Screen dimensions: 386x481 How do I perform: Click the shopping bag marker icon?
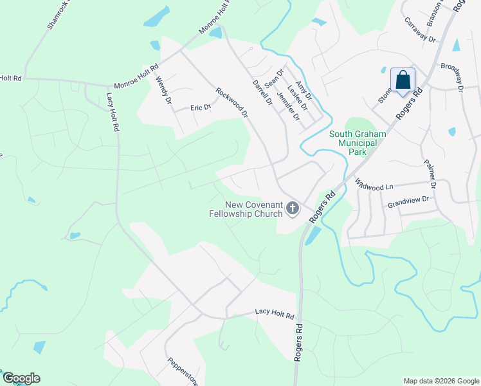click(x=403, y=81)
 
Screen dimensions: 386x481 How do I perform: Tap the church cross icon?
click(x=293, y=208)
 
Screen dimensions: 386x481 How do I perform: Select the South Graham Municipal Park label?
click(x=356, y=143)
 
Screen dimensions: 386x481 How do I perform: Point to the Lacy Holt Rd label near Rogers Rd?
click(x=274, y=315)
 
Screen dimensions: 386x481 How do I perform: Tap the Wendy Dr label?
click(x=164, y=91)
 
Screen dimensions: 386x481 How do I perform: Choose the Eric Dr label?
click(x=201, y=107)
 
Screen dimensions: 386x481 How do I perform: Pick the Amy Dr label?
click(x=304, y=87)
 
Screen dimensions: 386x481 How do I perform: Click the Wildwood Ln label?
click(x=374, y=185)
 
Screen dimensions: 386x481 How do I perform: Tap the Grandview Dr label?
click(x=408, y=203)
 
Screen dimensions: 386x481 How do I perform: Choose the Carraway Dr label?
click(x=421, y=30)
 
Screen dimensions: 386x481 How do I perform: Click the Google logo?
click(x=21, y=378)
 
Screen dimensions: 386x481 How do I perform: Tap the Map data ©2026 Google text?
click(x=440, y=381)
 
